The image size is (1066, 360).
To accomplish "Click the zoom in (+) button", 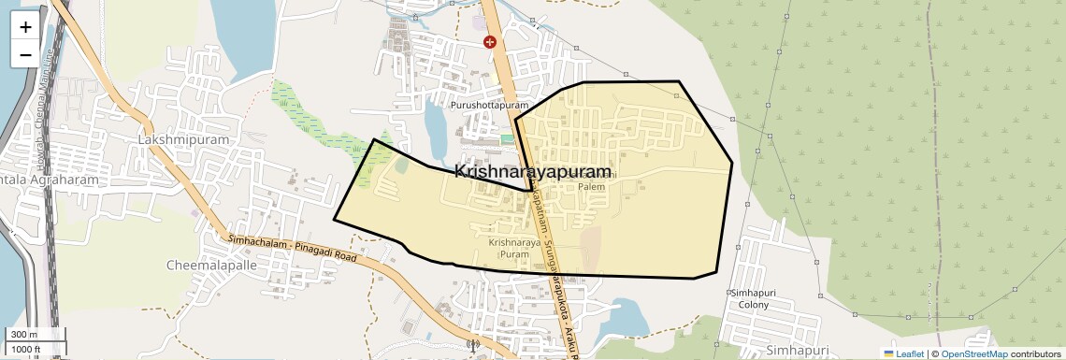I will tap(25, 27).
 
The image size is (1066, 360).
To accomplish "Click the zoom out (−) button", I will tap(25, 54).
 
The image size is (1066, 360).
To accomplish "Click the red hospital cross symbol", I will tap(489, 42).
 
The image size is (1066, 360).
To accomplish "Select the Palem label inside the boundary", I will tap(591, 186).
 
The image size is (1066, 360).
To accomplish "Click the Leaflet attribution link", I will tap(903, 353).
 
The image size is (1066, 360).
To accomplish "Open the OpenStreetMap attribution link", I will tap(973, 353).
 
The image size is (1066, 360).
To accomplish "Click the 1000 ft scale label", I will tap(25, 350).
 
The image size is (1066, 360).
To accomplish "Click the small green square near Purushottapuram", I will tap(507, 139).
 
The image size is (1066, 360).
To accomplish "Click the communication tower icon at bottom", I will tap(471, 345).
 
